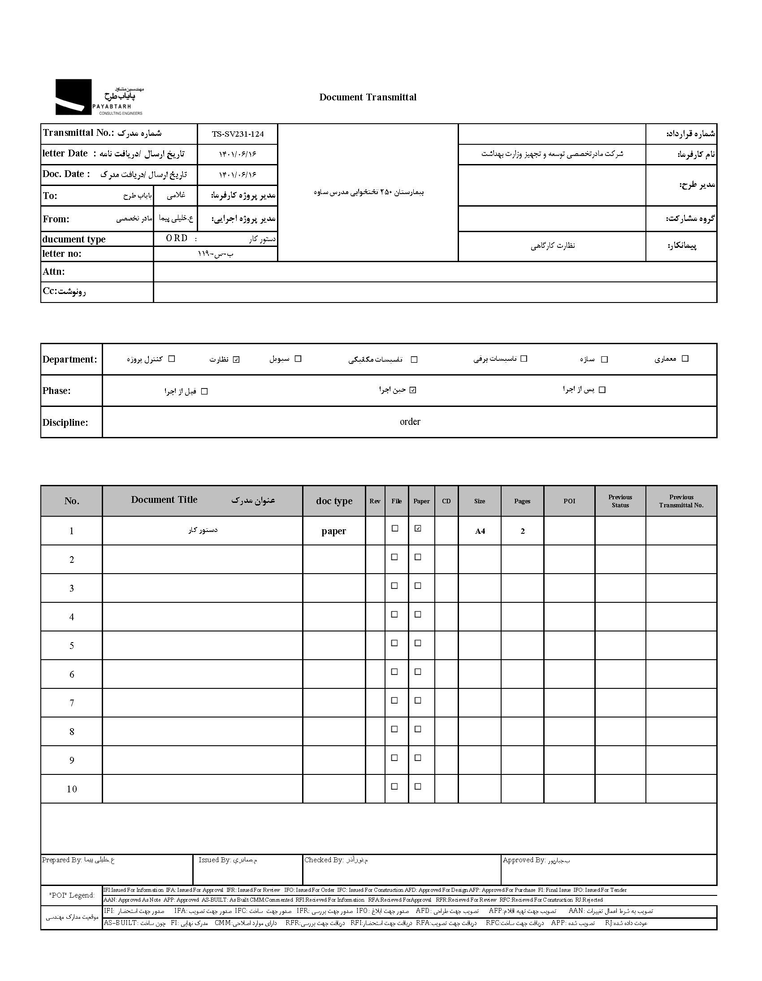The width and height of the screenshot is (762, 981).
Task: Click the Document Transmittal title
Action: coord(368,97)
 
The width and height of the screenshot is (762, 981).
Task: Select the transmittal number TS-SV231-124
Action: coord(238,134)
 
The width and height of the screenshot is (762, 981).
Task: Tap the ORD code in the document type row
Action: coord(177,238)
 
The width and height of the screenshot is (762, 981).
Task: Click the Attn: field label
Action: coord(54,272)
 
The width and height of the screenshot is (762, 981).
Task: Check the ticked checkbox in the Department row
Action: coord(237,359)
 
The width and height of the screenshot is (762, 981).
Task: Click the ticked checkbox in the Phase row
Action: coord(413,390)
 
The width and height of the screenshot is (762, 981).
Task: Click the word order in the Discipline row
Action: coord(410,422)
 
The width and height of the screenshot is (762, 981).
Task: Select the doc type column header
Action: coord(334,501)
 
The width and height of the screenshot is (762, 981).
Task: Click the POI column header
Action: coord(569,501)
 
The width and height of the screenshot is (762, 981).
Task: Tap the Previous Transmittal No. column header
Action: coord(681,501)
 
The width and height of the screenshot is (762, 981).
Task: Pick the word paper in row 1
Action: coord(334,531)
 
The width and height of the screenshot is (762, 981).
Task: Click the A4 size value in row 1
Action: coord(480,532)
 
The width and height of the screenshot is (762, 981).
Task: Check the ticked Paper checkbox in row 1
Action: coord(418,529)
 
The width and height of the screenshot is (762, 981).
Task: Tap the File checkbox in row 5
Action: coord(394,643)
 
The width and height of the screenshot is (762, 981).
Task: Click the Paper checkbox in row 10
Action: coord(418,787)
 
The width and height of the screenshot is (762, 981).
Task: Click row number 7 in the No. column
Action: coord(71,703)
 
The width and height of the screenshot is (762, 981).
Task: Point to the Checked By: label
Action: coord(324,860)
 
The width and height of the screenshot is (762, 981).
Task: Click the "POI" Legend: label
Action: coord(72,895)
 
